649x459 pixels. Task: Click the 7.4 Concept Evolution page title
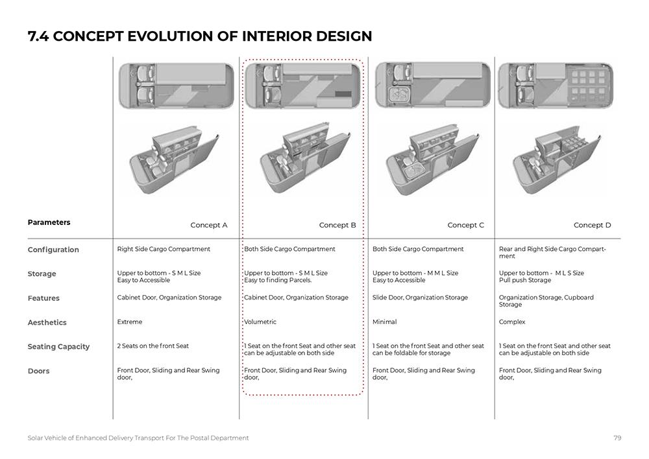click(200, 36)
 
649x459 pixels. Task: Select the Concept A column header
click(209, 226)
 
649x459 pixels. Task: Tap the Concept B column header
click(337, 226)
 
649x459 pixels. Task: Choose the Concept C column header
click(466, 226)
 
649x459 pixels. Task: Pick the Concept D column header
click(593, 226)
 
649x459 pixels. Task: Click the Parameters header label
click(49, 222)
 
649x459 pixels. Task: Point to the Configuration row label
click(53, 250)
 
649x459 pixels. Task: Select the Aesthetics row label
click(47, 322)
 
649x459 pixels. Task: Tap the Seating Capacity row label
click(58, 347)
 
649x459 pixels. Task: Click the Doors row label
click(38, 371)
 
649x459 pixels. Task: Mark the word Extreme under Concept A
click(130, 322)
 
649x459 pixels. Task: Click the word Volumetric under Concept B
click(260, 322)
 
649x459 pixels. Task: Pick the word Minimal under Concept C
click(384, 322)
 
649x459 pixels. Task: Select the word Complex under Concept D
click(512, 322)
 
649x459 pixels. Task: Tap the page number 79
click(617, 438)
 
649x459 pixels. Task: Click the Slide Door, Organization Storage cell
click(420, 298)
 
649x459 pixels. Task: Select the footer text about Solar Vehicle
click(138, 438)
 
